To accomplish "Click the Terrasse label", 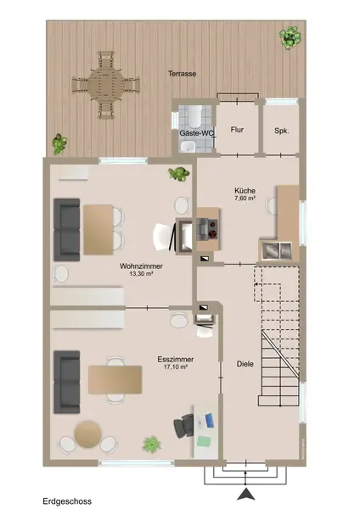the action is click(182, 74).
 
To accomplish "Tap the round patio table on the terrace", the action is click(106, 85).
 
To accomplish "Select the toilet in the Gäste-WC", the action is click(195, 116).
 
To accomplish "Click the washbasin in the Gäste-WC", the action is click(188, 147).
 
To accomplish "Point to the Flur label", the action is click(237, 130).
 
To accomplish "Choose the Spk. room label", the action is click(281, 131).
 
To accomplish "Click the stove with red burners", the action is click(208, 228).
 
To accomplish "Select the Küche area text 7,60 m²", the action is click(245, 198).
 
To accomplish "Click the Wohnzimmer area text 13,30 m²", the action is click(141, 273).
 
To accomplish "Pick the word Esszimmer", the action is click(176, 360).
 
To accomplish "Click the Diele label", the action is click(245, 364).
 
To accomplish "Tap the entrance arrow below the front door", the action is click(245, 494).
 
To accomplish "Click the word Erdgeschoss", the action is click(67, 501).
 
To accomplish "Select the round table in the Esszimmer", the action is click(87, 434).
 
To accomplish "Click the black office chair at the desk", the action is click(183, 426).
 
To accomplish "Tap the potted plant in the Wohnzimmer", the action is click(178, 174).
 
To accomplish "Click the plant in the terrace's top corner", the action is click(290, 38).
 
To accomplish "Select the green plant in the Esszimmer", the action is click(152, 444).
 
